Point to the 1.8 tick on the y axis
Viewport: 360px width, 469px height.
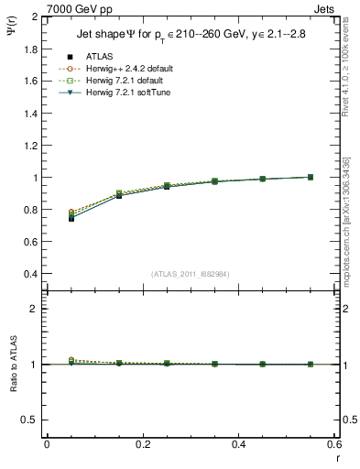click(x=28, y=49)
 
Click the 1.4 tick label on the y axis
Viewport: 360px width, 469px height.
click(x=28, y=114)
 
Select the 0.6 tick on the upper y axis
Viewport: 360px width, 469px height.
click(x=28, y=242)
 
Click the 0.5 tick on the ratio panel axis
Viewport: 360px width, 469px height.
click(x=28, y=420)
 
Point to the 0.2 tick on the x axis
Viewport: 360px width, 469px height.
click(x=142, y=444)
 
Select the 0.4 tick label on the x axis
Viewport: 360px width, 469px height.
click(x=238, y=444)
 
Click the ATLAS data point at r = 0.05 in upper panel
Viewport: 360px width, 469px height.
click(x=71, y=218)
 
